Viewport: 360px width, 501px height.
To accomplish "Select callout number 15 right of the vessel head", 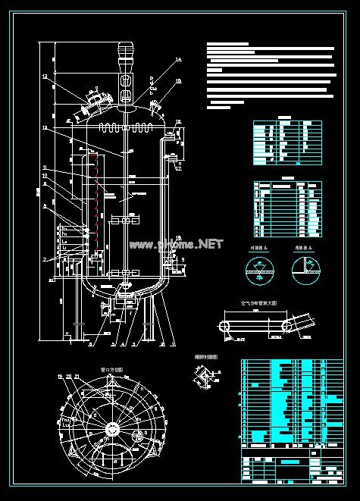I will [179, 80].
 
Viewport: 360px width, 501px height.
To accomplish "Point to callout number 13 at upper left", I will [45, 77].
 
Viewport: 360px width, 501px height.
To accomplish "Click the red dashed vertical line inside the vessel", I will [95, 193].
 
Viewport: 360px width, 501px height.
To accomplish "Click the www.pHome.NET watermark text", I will [176, 244].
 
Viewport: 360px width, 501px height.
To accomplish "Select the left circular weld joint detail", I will [260, 269].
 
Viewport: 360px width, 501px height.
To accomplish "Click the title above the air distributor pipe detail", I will [258, 302].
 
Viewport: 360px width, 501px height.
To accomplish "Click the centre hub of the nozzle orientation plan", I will [112, 429].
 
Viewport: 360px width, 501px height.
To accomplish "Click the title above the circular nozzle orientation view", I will [111, 369].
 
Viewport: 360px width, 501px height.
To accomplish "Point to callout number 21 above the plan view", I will [77, 377].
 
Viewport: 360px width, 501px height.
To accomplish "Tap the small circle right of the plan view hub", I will [138, 435].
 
